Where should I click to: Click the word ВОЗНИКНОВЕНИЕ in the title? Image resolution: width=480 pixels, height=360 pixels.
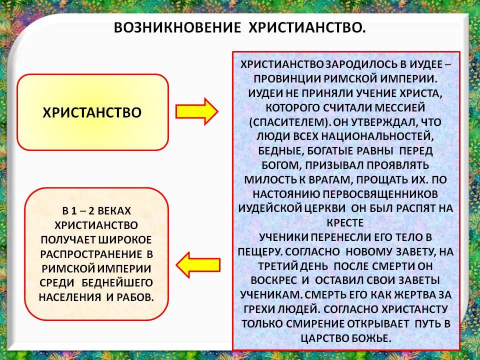coord(177,27)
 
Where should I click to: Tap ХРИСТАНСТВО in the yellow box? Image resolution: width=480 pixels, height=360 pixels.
coord(92,112)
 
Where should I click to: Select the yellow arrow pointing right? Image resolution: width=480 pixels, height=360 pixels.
coord(197,111)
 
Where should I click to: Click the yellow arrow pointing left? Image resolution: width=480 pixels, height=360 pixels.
coord(198,265)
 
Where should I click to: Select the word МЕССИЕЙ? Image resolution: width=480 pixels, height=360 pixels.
coord(400,108)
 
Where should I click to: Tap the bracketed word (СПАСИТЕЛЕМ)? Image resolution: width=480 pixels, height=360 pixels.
coord(289,122)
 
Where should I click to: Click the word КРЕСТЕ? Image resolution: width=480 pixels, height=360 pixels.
coord(345,222)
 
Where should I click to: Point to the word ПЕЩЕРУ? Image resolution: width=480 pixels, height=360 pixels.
coord(260,251)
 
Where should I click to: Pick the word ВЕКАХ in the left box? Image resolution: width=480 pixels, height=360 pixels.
coord(114,211)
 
